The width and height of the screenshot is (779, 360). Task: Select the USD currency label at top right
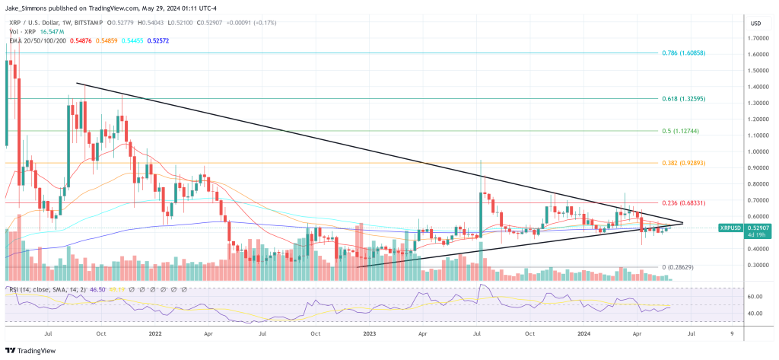(755, 24)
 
